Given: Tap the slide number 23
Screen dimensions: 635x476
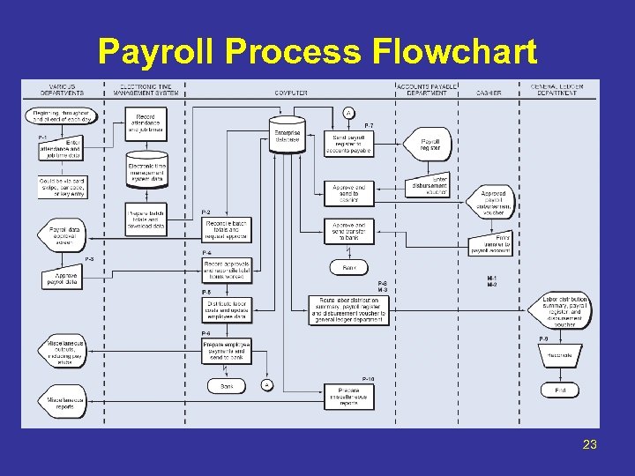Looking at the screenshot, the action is pos(589,444).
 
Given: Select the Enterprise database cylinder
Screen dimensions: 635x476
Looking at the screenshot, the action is pos(288,132).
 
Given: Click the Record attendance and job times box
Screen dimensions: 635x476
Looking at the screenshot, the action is pos(146,122).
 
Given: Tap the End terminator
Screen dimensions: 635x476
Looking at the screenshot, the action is pos(560,390).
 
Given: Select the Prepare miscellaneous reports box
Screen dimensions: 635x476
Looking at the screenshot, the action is pos(349,398).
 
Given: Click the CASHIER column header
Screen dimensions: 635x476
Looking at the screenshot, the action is pos(488,93).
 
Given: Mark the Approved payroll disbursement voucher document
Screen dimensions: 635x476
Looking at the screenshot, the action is pos(494,203).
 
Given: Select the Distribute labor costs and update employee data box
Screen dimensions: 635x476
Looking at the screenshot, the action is pos(227,310).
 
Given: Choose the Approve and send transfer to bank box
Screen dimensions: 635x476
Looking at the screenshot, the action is pos(349,231).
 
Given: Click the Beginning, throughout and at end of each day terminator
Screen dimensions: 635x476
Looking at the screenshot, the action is pos(63,115).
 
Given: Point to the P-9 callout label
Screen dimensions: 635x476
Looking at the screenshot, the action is pos(545,339).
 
